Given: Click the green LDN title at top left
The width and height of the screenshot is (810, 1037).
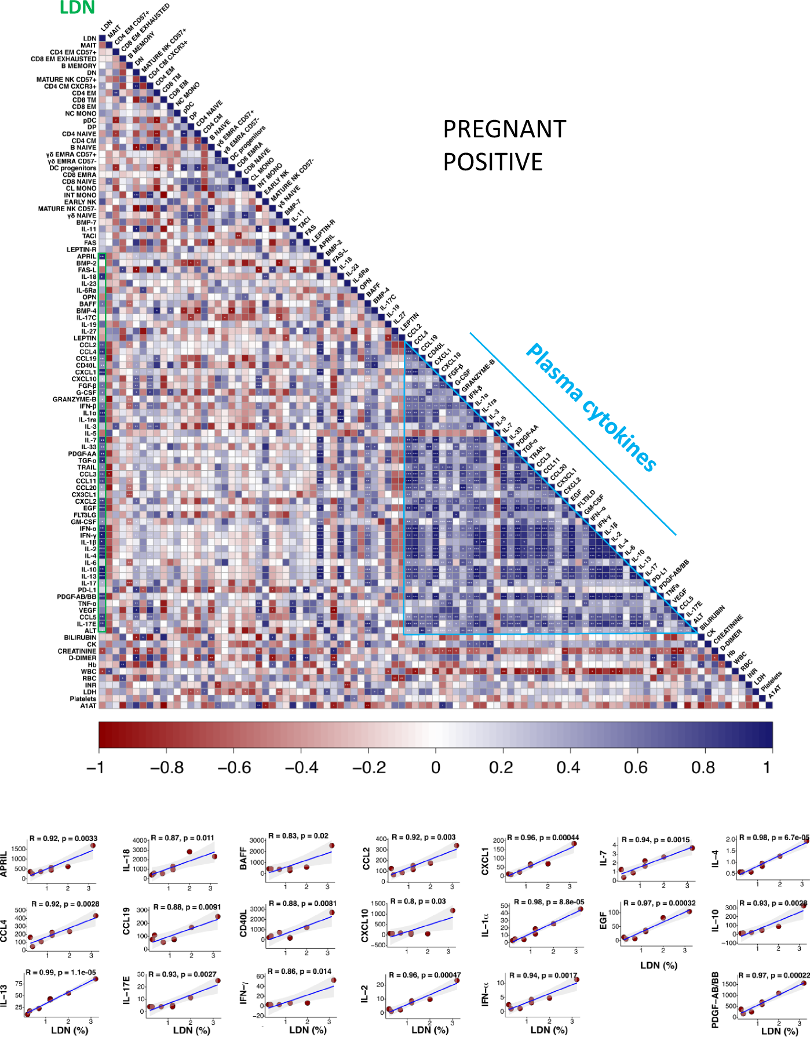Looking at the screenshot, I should tap(77, 8).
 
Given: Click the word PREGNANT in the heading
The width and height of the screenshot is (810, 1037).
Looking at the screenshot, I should tap(504, 129).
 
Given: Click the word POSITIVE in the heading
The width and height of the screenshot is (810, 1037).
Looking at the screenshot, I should tap(492, 162).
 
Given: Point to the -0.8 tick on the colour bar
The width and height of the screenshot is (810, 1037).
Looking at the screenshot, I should tap(167, 767).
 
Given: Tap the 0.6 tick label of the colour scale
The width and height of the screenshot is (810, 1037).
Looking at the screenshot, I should tap(635, 767).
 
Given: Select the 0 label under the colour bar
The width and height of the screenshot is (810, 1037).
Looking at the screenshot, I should tap(436, 767).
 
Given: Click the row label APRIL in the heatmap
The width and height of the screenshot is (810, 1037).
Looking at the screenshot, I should tap(86, 256).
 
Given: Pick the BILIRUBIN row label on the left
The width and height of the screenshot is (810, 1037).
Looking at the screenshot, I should tap(80, 638).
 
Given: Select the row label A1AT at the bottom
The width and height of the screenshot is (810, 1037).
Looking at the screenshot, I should tap(88, 705).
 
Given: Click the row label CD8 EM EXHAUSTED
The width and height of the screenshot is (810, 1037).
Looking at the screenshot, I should tap(64, 59).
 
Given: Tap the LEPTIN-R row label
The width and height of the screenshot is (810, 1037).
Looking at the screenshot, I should tap(81, 250).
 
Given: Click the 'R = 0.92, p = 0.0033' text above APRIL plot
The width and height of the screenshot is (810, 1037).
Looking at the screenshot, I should tap(63, 838).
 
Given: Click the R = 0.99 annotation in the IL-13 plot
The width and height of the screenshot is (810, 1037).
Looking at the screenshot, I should tap(60, 972).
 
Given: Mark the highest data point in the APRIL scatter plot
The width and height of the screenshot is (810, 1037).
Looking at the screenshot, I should tap(93, 846).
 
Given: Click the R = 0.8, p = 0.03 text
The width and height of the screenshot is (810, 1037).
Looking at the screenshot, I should tap(417, 901).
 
